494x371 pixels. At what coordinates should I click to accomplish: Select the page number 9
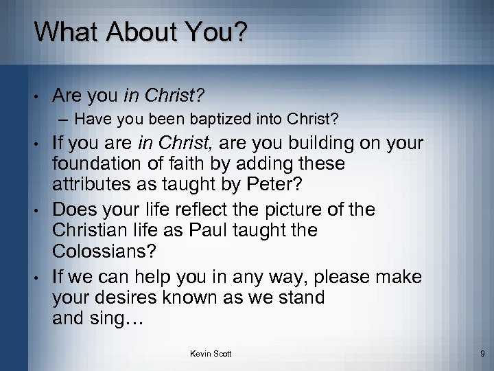tap(482, 354)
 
